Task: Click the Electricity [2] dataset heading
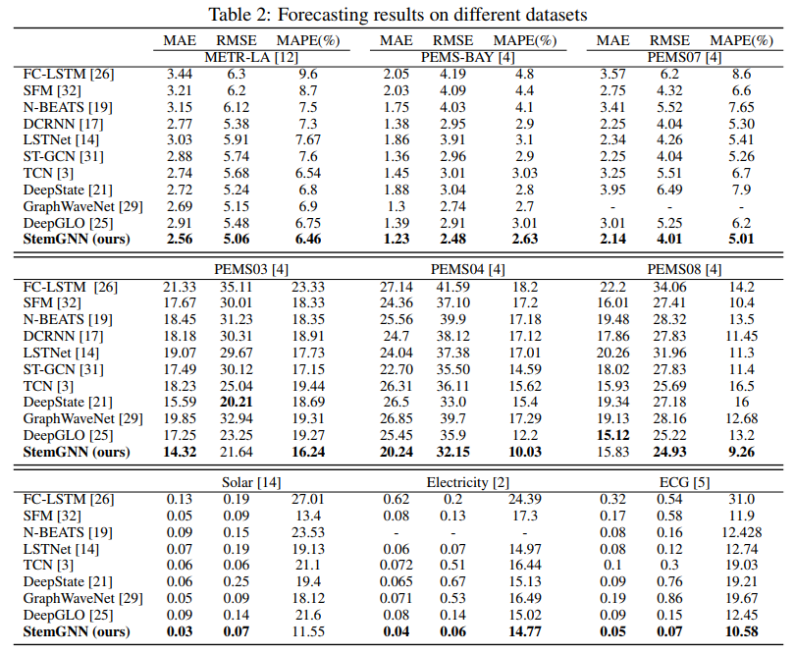click(467, 481)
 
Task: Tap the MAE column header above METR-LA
click(180, 40)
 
